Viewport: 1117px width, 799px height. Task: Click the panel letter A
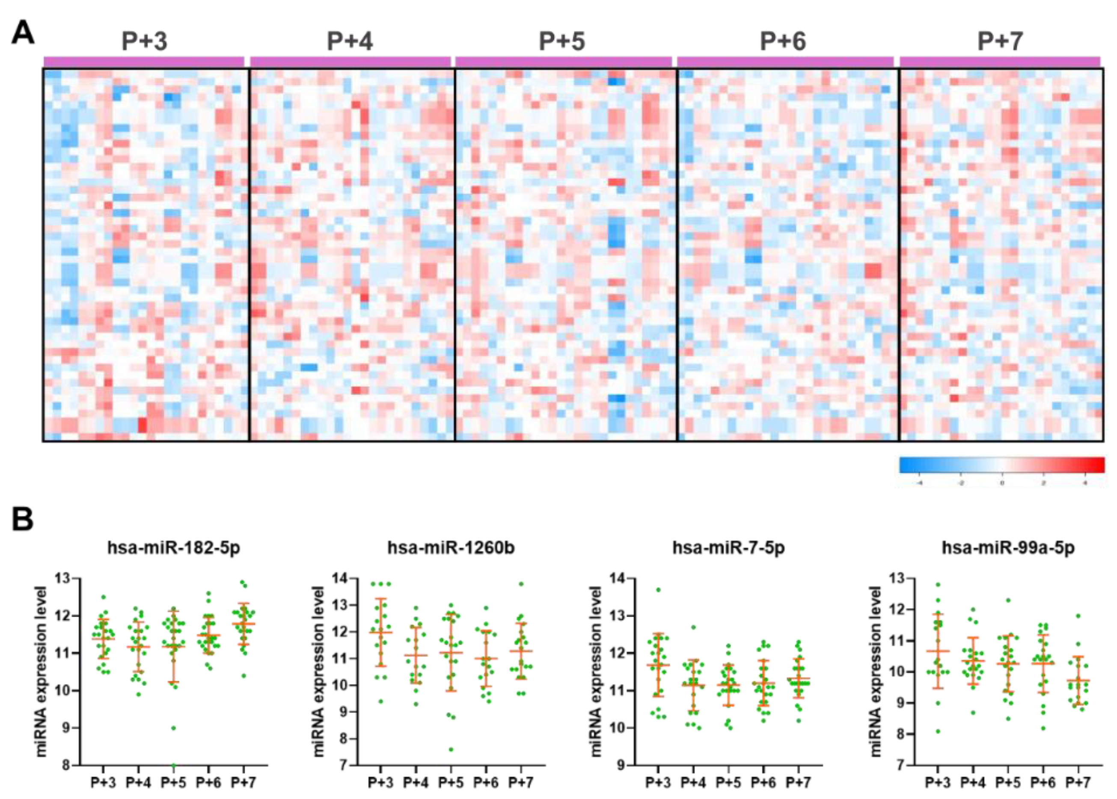23,33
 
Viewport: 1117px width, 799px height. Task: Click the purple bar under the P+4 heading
350,62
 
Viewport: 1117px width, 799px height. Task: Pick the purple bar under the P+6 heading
785,62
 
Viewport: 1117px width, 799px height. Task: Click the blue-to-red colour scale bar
1002,465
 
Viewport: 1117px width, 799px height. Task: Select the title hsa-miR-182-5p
173,547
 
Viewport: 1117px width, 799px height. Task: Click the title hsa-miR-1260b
451,547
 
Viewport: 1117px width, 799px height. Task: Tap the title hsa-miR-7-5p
728,547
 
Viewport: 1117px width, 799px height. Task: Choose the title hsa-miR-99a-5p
1008,547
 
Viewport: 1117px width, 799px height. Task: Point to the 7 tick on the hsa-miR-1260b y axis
343,765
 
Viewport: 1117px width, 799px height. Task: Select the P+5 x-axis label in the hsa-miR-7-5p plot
728,782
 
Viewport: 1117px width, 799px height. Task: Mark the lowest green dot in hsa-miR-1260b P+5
451,749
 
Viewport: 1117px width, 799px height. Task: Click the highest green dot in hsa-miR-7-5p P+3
658,590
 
